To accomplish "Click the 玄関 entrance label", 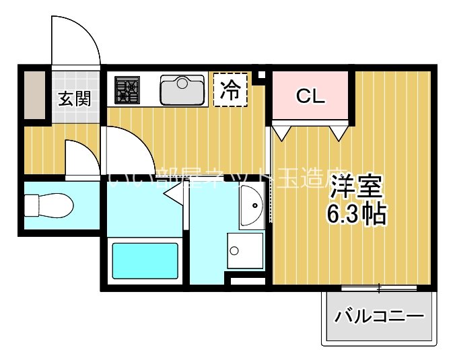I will (74, 99).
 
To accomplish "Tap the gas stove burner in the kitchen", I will (126, 90).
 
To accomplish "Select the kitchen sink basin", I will (182, 89).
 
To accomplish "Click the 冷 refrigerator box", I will (230, 90).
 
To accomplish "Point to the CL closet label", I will (310, 96).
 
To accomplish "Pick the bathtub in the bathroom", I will (145, 261).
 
